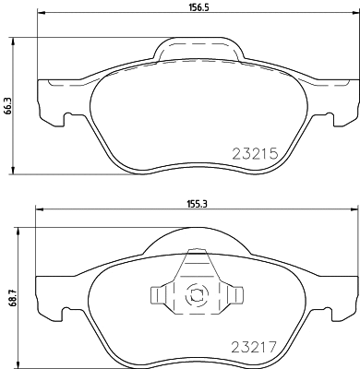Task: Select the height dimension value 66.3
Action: [8, 108]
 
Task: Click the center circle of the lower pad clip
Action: [195, 297]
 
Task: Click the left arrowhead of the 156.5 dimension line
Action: [39, 19]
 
